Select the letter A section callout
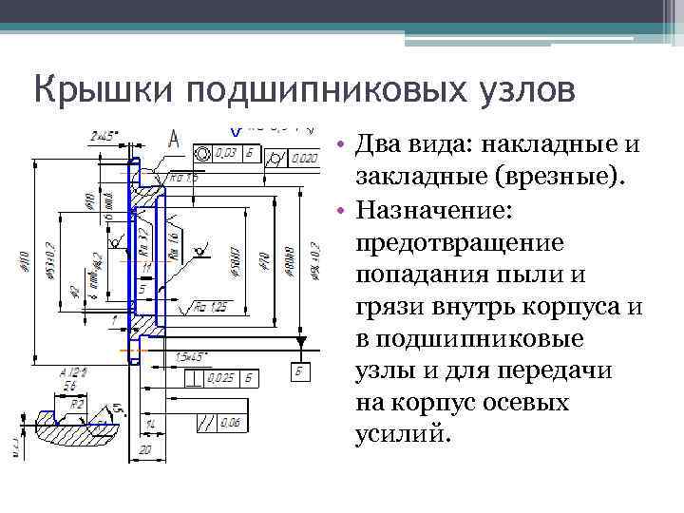pyautogui.click(x=174, y=139)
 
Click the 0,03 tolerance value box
pyautogui.click(x=225, y=152)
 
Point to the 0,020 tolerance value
pyautogui.click(x=303, y=158)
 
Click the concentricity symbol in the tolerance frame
pyautogui.click(x=202, y=152)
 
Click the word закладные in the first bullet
pyautogui.click(x=422, y=177)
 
